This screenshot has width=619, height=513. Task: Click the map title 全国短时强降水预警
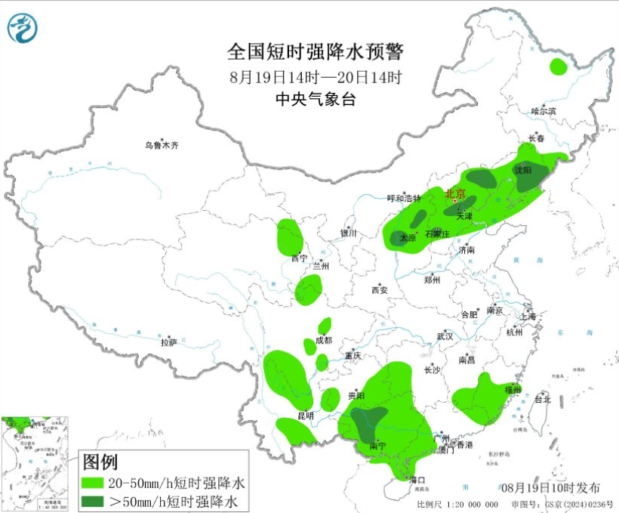pyautogui.click(x=316, y=52)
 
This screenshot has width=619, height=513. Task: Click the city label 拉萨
pyautogui.click(x=168, y=341)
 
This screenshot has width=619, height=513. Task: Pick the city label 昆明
pyautogui.click(x=305, y=416)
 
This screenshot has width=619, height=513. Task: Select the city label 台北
pyautogui.click(x=542, y=399)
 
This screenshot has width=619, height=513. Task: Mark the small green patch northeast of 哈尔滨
pyautogui.click(x=558, y=66)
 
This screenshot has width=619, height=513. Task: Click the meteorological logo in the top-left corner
pyautogui.click(x=23, y=28)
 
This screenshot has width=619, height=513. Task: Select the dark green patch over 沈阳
pyautogui.click(x=525, y=176)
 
